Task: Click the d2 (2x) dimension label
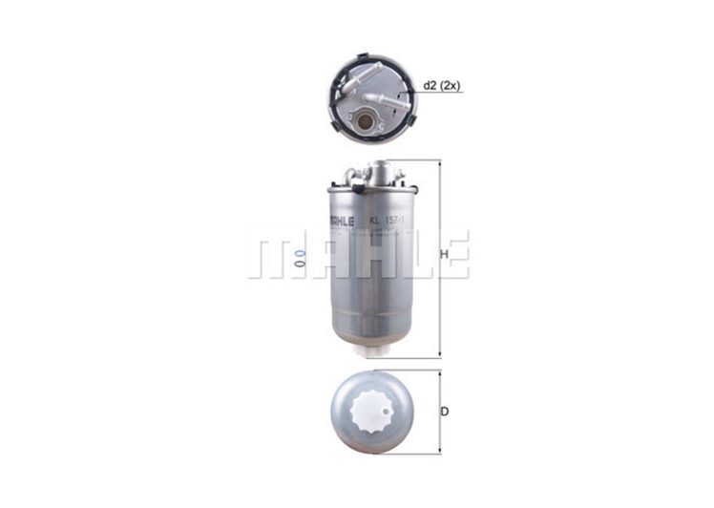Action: pyautogui.click(x=444, y=86)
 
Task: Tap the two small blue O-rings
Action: pyautogui.click(x=299, y=255)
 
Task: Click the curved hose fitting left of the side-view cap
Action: pyautogui.click(x=355, y=174)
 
